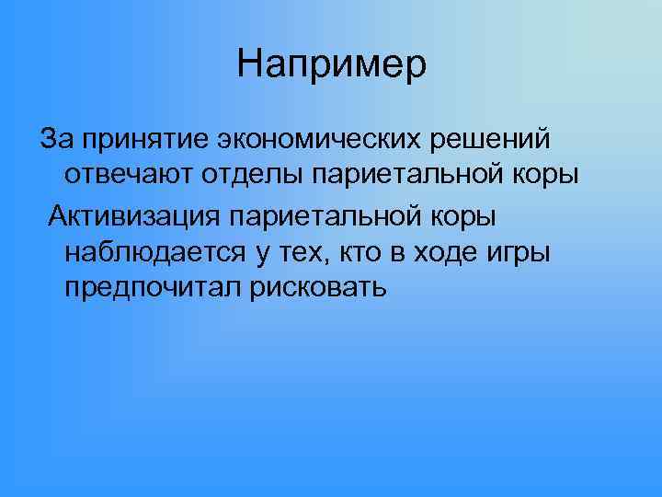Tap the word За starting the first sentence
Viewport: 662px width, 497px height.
pyautogui.click(x=55, y=140)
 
